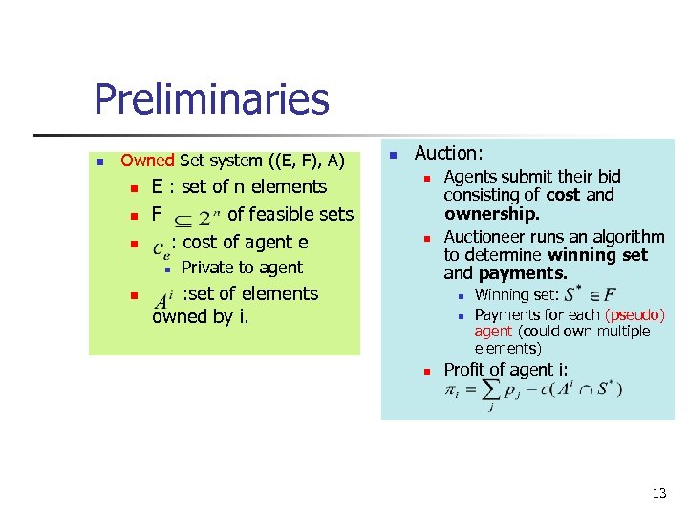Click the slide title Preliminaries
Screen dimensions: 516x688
click(x=211, y=99)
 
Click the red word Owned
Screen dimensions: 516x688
click(x=147, y=161)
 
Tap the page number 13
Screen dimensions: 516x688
click(x=658, y=494)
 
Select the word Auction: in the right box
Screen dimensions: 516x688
click(x=449, y=153)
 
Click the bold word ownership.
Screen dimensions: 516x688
click(x=492, y=214)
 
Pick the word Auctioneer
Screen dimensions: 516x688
click(x=486, y=236)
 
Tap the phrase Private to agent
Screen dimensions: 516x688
click(x=242, y=268)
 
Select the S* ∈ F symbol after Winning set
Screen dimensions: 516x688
click(x=591, y=294)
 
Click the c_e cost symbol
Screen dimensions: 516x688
click(x=162, y=246)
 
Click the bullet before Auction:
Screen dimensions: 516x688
click(x=392, y=154)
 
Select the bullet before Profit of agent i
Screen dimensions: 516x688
click(x=428, y=371)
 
